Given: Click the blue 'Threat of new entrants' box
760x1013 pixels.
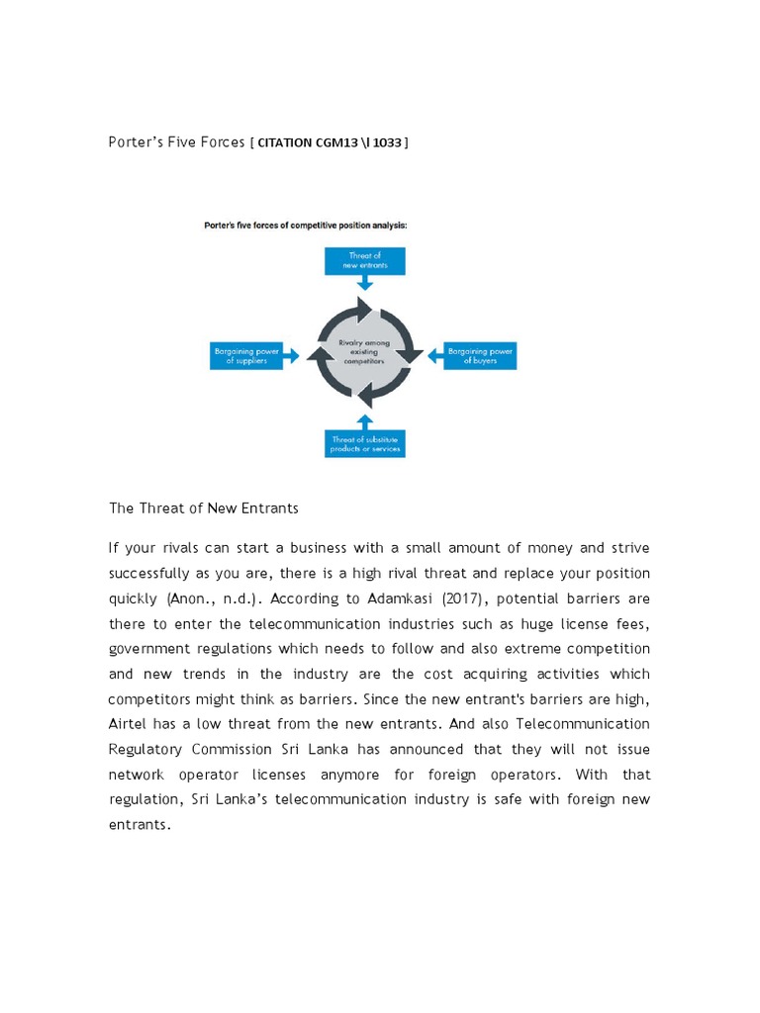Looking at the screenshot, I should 364,261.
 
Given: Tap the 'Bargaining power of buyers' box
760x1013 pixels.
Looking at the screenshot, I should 479,356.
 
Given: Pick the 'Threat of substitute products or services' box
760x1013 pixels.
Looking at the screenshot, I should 364,443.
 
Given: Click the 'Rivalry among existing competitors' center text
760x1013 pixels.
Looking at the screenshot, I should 364,353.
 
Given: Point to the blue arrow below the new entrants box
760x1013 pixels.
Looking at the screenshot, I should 364,282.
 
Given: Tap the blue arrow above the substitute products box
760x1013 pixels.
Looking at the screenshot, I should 364,419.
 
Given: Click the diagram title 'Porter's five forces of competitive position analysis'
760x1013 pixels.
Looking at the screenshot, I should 305,225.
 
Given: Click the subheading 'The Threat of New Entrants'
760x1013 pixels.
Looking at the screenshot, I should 203,507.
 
